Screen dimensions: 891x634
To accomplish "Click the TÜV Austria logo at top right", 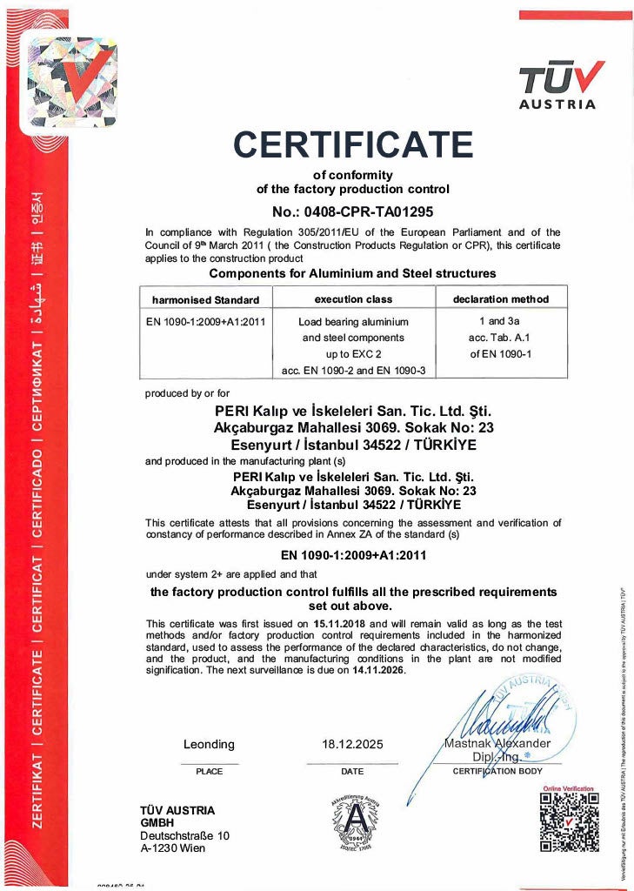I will point(558,86).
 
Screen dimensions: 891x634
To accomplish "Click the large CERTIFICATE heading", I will point(353,144).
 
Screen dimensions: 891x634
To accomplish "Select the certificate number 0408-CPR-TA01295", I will point(353,211).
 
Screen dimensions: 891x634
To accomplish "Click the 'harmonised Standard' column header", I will point(206,299).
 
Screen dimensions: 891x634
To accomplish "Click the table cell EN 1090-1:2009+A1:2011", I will point(205,321).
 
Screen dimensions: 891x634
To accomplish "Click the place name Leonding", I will point(209,744).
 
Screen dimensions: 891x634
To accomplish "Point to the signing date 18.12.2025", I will point(352,745).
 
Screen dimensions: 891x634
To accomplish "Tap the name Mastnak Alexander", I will point(497,743).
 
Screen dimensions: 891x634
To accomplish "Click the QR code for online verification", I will point(568,821).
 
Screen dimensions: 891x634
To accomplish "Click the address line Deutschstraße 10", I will point(184,835).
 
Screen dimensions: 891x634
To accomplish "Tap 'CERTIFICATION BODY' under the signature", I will point(498,771).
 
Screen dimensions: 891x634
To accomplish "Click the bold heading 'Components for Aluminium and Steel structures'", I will point(353,273).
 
